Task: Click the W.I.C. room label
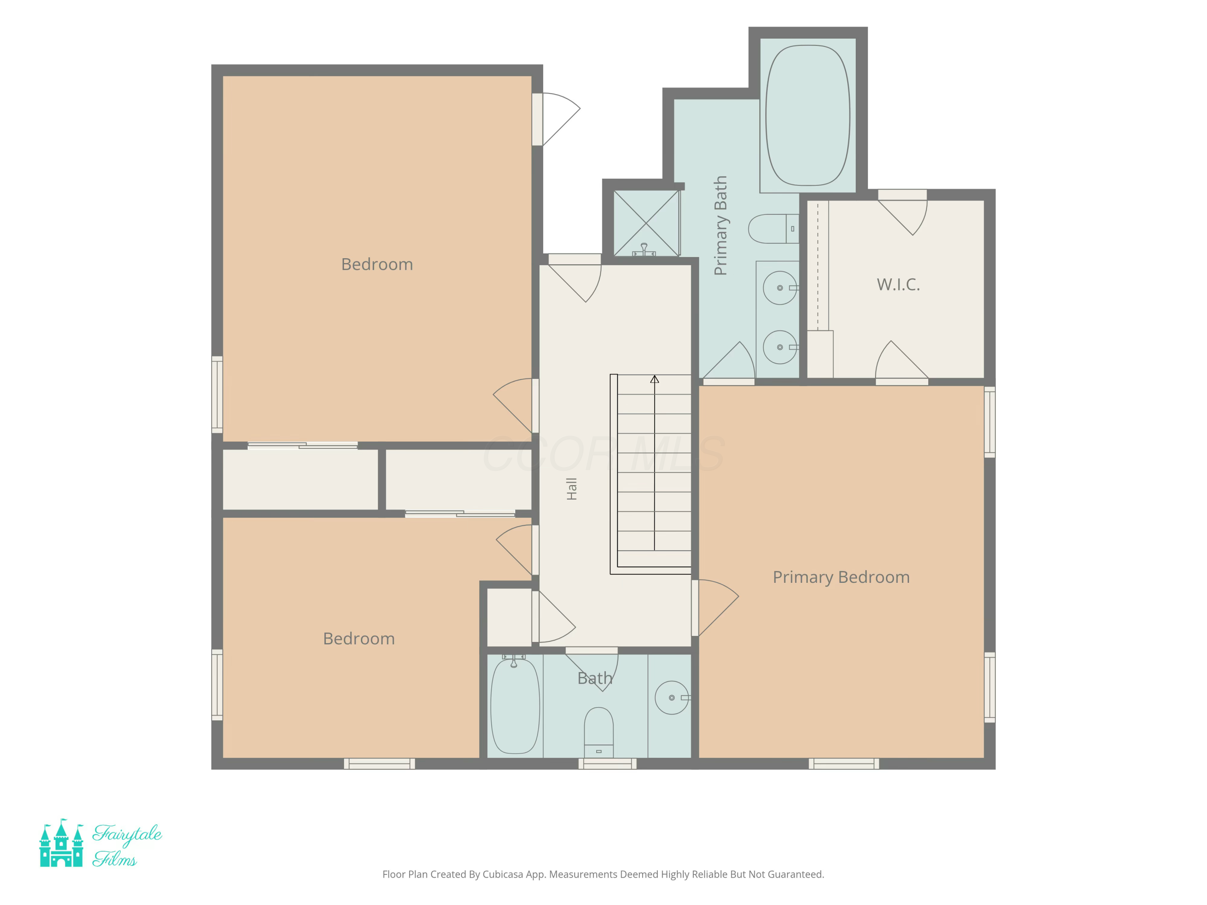[898, 284]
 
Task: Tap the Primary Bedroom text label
[841, 577]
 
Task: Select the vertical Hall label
[571, 489]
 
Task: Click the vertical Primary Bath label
[720, 225]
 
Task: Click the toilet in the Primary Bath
[773, 228]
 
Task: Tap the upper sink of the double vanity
[780, 288]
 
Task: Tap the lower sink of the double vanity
[780, 347]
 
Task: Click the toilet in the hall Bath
[599, 732]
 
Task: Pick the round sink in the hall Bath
[672, 698]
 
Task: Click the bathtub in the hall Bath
[515, 706]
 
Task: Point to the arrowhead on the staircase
[654, 379]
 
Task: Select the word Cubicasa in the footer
[503, 874]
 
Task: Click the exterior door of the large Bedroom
[560, 119]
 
